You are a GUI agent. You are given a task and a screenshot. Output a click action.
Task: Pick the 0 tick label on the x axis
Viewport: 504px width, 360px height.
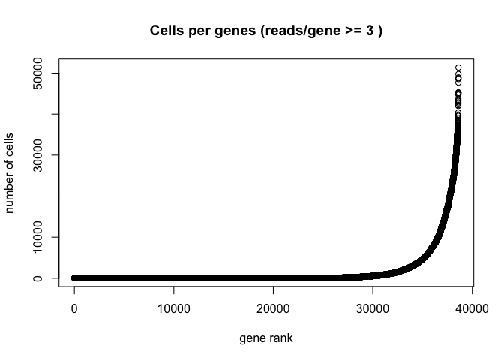[x=74, y=308]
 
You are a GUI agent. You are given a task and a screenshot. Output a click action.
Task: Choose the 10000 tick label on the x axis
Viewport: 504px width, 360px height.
[x=174, y=308]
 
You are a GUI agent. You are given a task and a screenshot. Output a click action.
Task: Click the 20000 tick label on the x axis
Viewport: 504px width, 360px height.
[x=273, y=308]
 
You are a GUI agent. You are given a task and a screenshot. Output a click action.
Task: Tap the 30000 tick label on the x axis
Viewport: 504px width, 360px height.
[x=373, y=308]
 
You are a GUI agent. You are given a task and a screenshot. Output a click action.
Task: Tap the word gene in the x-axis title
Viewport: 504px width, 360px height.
[x=253, y=338]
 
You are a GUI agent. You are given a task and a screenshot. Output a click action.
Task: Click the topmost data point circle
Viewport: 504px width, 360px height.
[x=457, y=68]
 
